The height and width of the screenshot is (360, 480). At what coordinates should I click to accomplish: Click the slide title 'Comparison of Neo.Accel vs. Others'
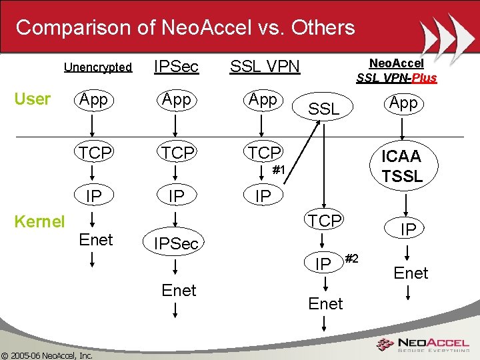point(185,27)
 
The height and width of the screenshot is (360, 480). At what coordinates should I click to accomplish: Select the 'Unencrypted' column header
point(98,67)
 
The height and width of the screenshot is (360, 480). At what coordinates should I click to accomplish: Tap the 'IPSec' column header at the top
point(175,66)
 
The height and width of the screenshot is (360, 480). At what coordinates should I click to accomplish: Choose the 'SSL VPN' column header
point(265,66)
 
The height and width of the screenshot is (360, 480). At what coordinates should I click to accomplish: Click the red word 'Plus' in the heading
point(423,78)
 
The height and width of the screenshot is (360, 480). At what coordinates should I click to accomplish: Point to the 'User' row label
point(32,99)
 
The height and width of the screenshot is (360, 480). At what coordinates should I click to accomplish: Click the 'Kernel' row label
point(41,221)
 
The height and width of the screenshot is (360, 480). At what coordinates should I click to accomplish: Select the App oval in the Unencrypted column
point(94,100)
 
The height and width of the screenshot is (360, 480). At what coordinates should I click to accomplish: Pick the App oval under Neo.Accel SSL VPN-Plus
point(403,103)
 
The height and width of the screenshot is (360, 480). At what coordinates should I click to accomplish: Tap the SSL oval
point(325,109)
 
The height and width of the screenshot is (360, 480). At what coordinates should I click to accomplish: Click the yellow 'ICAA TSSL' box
point(401,166)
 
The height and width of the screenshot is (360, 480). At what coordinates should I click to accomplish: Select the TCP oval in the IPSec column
point(177,153)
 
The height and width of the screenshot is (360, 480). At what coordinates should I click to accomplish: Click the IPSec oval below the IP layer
point(176,243)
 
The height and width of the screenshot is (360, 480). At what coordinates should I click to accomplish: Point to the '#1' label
point(279,171)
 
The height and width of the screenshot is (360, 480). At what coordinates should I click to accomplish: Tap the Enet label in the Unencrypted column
point(95,239)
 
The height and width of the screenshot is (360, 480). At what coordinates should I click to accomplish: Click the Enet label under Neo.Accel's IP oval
point(411,273)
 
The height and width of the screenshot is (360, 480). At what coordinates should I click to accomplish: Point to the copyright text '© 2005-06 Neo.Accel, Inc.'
point(47,355)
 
